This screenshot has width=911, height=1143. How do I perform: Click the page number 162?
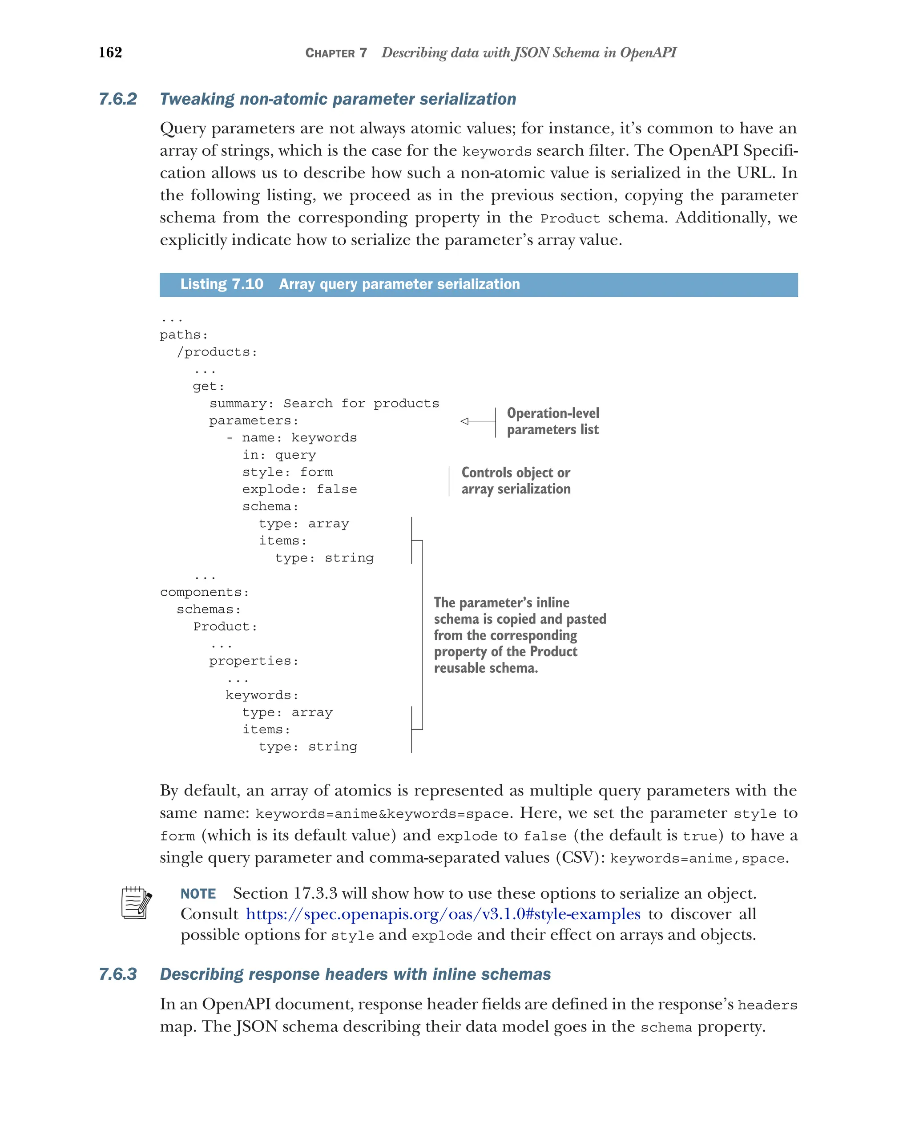point(110,53)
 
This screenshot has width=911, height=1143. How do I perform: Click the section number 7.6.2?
point(117,99)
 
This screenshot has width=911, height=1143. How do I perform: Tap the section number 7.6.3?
point(117,974)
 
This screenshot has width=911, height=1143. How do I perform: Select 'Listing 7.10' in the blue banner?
point(222,284)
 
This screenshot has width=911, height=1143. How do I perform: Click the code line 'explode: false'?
point(299,489)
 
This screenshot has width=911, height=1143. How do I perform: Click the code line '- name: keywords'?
point(291,437)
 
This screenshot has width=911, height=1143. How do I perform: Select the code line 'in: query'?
point(279,455)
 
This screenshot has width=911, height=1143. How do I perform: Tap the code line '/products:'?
point(217,352)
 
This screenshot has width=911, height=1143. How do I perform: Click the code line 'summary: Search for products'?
point(324,404)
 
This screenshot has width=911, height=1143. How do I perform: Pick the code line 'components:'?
point(204,592)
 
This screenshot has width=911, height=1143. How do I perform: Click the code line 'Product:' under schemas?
point(225,626)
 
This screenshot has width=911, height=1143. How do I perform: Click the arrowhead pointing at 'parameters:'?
point(465,421)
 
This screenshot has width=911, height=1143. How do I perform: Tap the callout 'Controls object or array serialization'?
point(515,481)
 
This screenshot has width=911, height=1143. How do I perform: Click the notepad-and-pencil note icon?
point(136,903)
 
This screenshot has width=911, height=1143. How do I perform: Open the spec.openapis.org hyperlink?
point(443,914)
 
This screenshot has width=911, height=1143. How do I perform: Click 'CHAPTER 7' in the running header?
point(335,53)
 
